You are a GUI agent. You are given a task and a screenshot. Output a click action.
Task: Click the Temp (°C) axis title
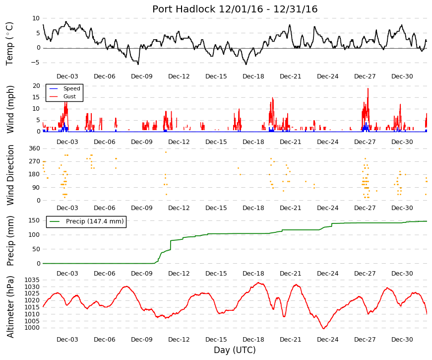pyautogui.click(x=9, y=44)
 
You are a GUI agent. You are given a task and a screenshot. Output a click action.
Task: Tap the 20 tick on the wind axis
pyautogui.click(x=36, y=86)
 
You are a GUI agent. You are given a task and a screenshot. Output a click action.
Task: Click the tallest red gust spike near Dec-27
pyautogui.click(x=368, y=88)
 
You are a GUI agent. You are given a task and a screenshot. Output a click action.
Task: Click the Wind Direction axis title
pyautogui.click(x=10, y=175)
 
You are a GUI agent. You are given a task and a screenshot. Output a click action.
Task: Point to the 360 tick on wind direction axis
pyautogui.click(x=34, y=148)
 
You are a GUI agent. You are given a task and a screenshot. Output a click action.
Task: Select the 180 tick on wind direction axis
pyautogui.click(x=34, y=174)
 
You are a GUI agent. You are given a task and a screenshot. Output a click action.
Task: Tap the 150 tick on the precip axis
pyautogui.click(x=34, y=220)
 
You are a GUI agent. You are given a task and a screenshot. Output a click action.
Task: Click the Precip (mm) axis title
pyautogui.click(x=10, y=241)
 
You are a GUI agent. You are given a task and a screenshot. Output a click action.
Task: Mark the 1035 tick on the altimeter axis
pyautogui.click(x=32, y=280)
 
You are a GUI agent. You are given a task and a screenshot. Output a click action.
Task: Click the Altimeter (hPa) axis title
pyautogui.click(x=10, y=307)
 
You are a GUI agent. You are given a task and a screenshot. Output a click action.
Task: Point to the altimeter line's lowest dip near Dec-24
pyautogui.click(x=323, y=329)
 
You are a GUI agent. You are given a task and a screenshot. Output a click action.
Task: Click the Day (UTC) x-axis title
pyautogui.click(x=235, y=350)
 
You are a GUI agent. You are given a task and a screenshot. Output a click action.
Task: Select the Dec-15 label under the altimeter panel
pyautogui.click(x=216, y=340)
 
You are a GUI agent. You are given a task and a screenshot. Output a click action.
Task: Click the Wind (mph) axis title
pyautogui.click(x=10, y=109)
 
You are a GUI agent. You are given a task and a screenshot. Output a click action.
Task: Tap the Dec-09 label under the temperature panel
pyautogui.click(x=142, y=76)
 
